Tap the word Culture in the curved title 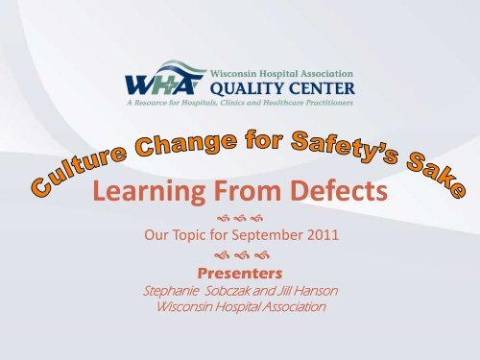(x=79, y=169)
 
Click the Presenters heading (x=240, y=274)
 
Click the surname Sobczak (x=228, y=291)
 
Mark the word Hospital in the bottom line (x=238, y=307)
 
